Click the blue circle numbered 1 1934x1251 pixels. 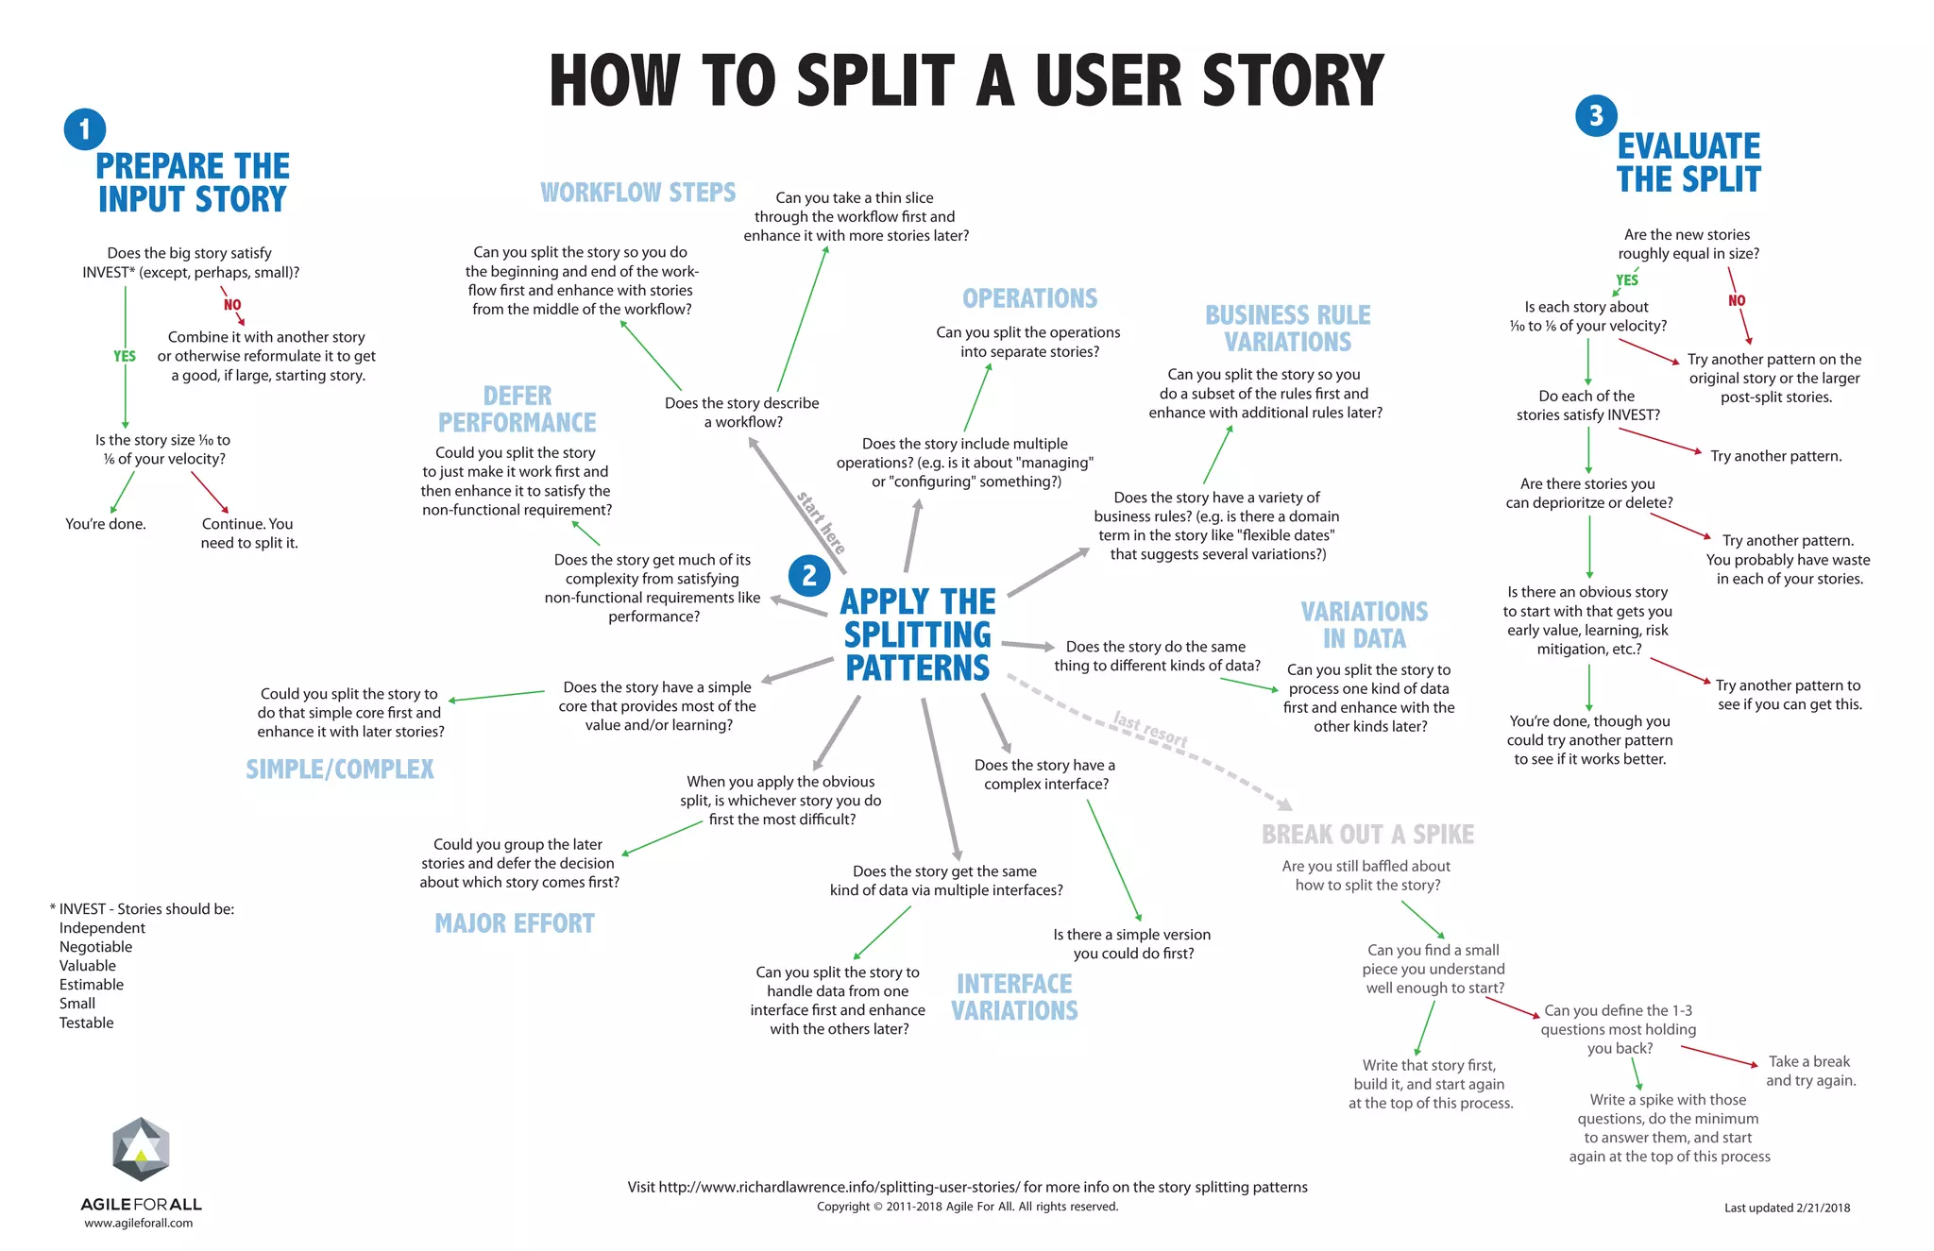(x=85, y=129)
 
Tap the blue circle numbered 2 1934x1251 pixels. (x=809, y=575)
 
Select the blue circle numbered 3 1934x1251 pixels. (x=1596, y=115)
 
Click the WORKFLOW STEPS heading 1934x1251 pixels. (x=637, y=193)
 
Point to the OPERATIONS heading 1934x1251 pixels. (x=1029, y=298)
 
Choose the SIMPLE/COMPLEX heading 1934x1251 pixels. (x=340, y=769)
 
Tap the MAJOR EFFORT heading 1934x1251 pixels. (x=515, y=923)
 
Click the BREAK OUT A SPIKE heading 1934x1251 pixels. (x=1367, y=835)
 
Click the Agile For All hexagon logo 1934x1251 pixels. (x=141, y=1149)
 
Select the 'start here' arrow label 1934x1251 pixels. (x=821, y=522)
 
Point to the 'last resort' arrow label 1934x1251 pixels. (x=1150, y=728)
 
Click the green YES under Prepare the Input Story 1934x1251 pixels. (x=125, y=356)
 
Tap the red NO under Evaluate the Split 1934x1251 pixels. (x=1737, y=300)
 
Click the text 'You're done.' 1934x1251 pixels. (x=106, y=524)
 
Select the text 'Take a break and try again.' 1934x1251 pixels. (x=1810, y=1071)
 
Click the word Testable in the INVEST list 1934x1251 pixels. (x=86, y=1023)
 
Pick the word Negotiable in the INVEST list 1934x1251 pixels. (x=95, y=947)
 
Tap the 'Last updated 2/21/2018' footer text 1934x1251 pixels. (x=1787, y=1208)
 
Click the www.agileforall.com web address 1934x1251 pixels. (x=139, y=1223)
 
